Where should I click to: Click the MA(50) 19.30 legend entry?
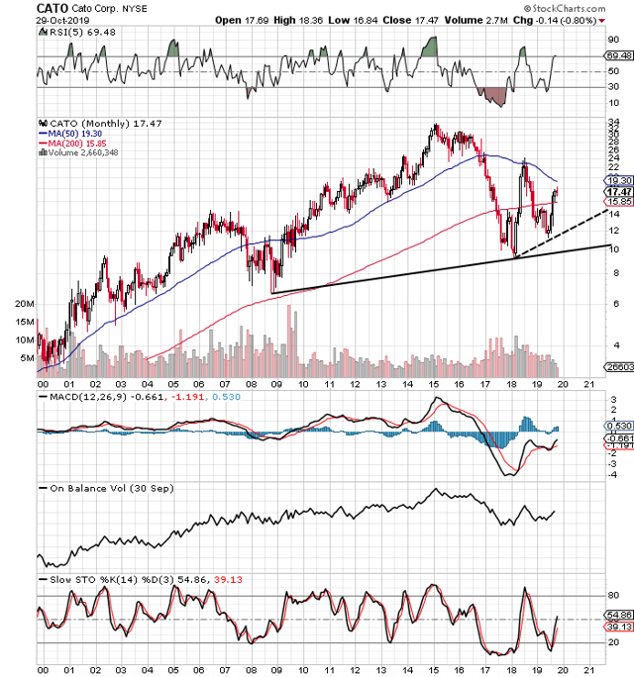coord(68,133)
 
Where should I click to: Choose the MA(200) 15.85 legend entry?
coord(71,143)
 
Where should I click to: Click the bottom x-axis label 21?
coord(590,670)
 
